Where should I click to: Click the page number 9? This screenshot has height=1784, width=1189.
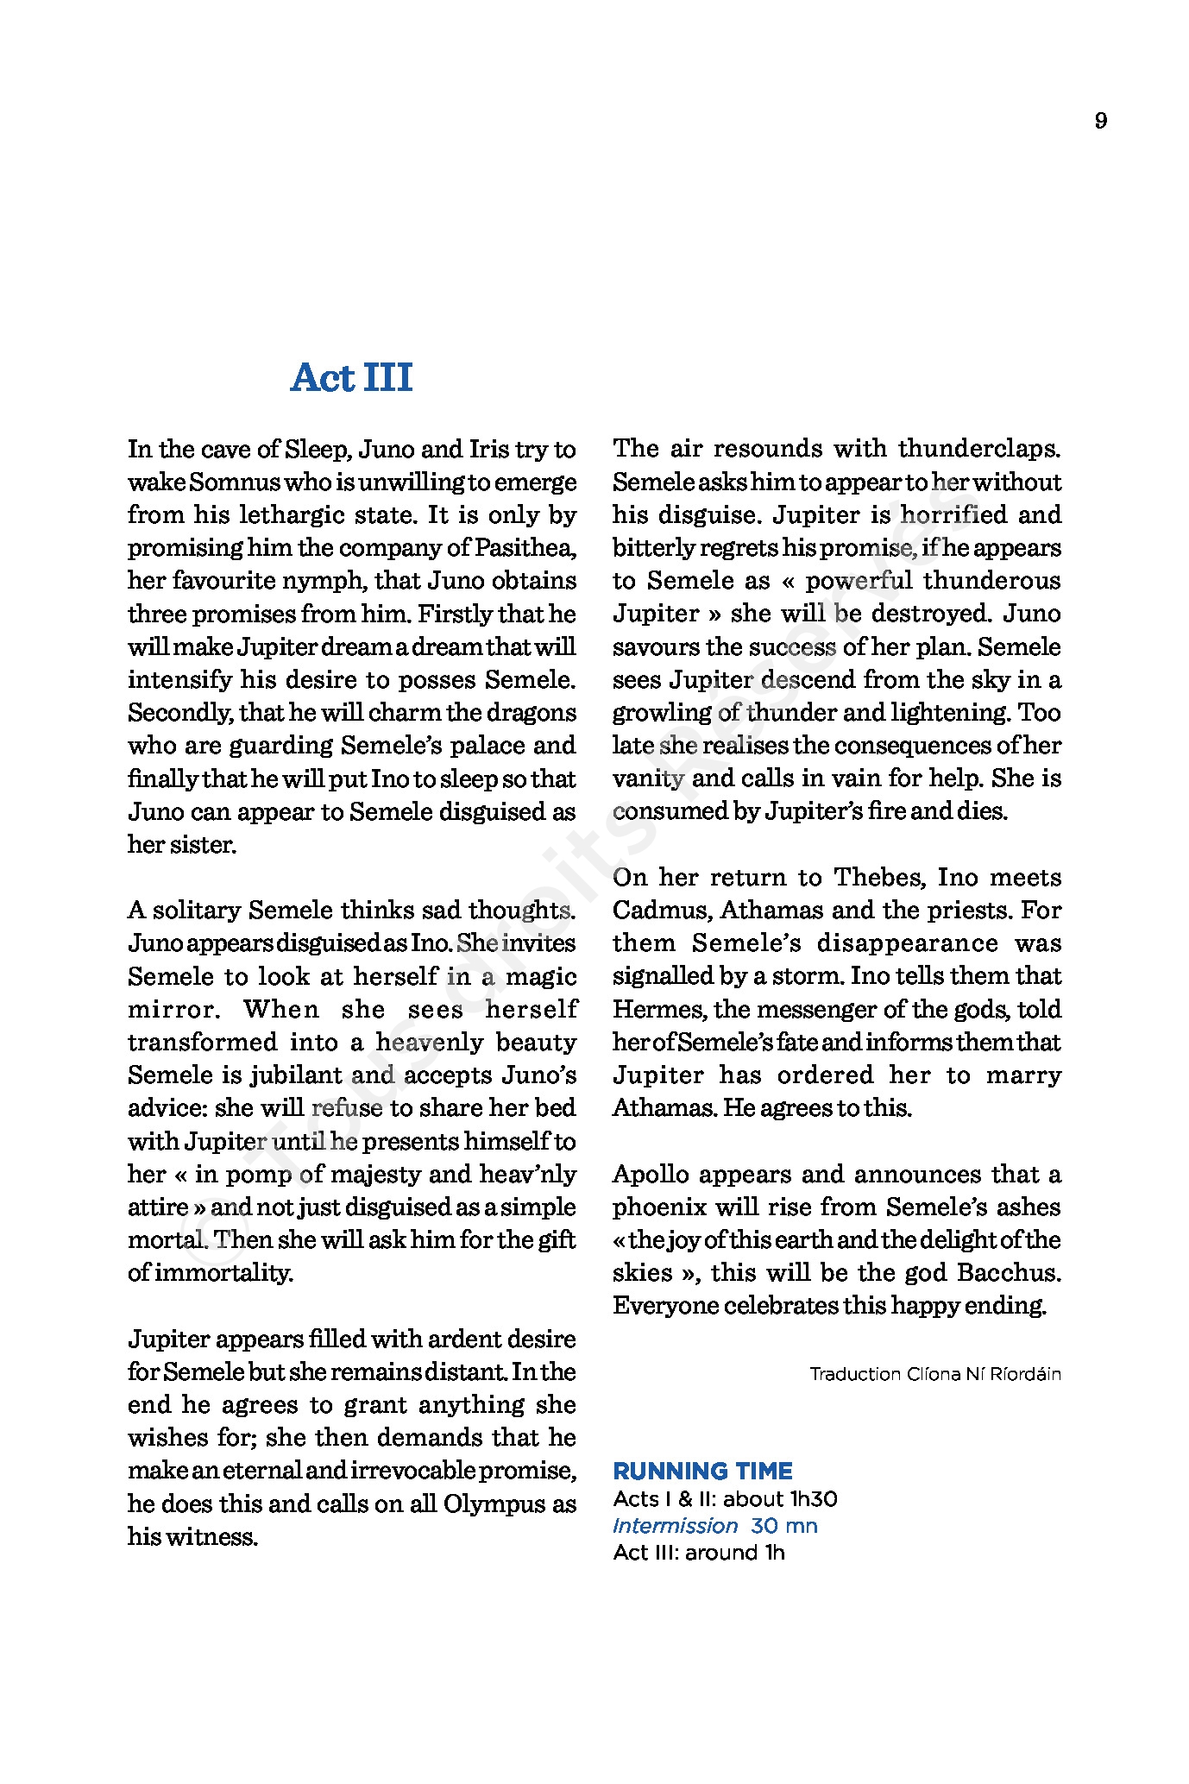1100,121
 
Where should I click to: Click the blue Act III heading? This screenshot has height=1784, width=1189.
352,377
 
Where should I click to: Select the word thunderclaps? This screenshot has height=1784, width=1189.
978,449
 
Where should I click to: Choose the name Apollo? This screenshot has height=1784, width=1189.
651,1175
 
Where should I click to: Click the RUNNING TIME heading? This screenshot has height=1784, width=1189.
702,1471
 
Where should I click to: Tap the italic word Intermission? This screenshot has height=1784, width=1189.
675,1525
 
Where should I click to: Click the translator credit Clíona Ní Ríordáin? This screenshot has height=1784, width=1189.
984,1374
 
